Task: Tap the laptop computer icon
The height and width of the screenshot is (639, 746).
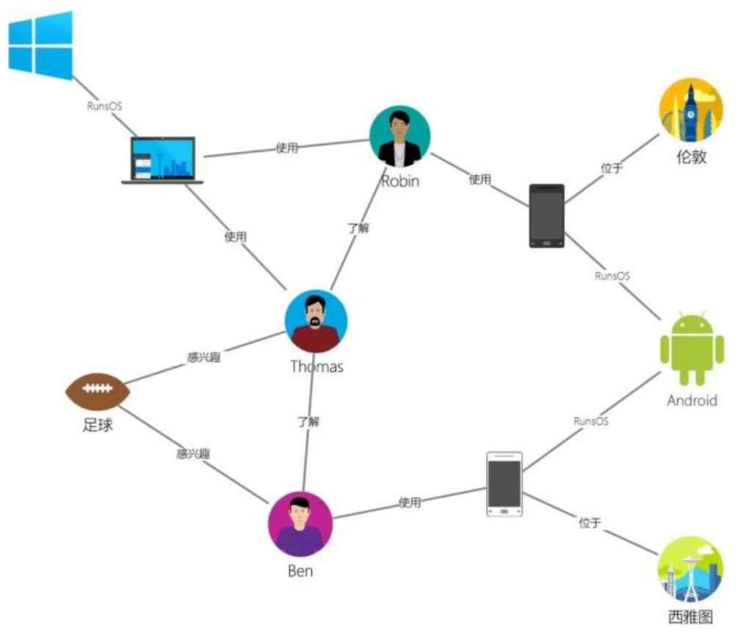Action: pyautogui.click(x=162, y=160)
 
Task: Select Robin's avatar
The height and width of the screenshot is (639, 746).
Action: pyautogui.click(x=399, y=136)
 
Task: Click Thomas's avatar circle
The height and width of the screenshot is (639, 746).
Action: pyautogui.click(x=316, y=321)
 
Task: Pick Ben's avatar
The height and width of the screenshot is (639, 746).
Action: pyautogui.click(x=300, y=524)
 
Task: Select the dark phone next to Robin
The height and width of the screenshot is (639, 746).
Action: pyautogui.click(x=547, y=216)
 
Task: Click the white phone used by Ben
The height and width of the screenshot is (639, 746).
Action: pyautogui.click(x=504, y=484)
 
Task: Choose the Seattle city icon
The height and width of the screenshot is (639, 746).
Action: pyautogui.click(x=690, y=569)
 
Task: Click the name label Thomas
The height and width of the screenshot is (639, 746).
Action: pyautogui.click(x=316, y=367)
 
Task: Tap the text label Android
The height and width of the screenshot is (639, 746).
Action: pyautogui.click(x=692, y=401)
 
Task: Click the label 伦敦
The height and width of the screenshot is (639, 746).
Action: pyautogui.click(x=691, y=156)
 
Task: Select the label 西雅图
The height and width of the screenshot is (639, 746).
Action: pyautogui.click(x=690, y=617)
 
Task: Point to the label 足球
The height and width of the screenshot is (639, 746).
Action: pyautogui.click(x=98, y=425)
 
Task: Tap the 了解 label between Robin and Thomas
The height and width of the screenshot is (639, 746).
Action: pyautogui.click(x=358, y=228)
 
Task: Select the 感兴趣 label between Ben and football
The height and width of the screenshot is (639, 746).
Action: pyautogui.click(x=193, y=454)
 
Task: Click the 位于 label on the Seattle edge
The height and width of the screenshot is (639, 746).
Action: pyautogui.click(x=590, y=522)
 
